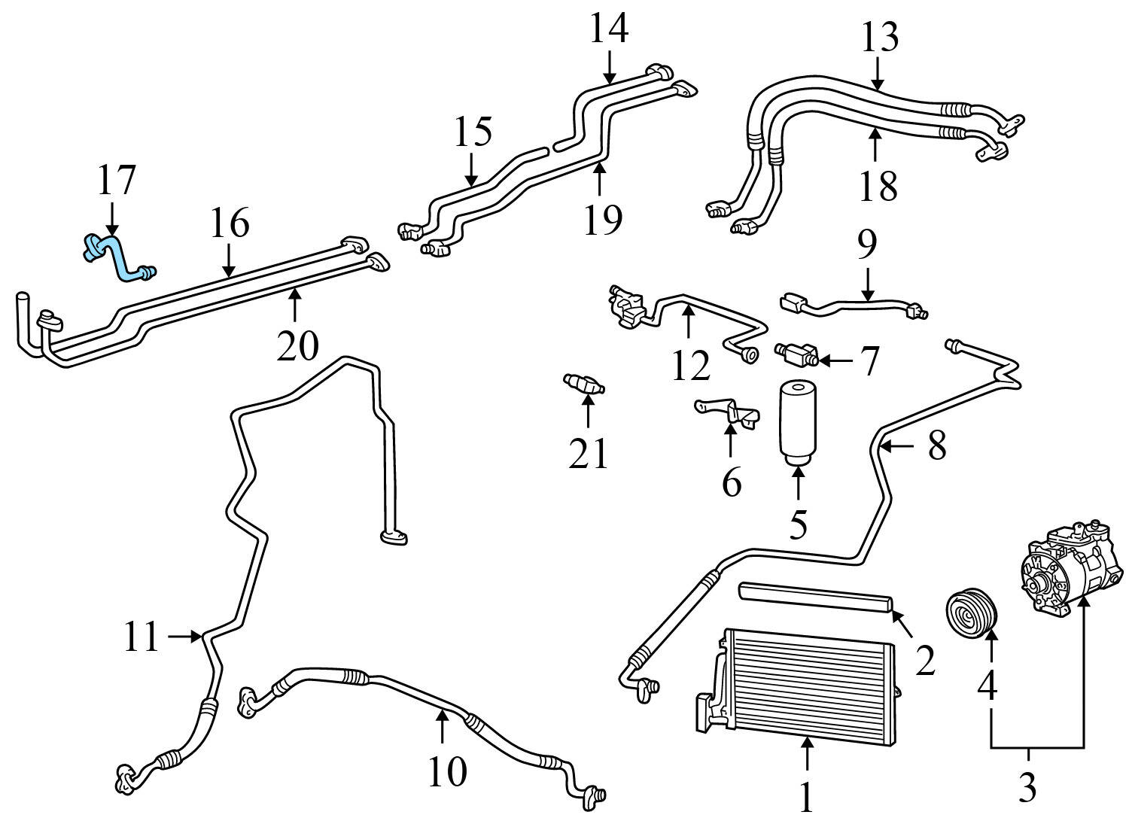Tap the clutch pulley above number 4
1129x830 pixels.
(972, 612)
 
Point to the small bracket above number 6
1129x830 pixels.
(728, 411)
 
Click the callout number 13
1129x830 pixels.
(879, 38)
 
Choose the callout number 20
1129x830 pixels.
(297, 346)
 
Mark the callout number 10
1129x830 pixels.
(447, 771)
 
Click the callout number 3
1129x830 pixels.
(1027, 786)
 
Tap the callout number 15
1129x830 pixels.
(473, 132)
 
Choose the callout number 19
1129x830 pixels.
(602, 218)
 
